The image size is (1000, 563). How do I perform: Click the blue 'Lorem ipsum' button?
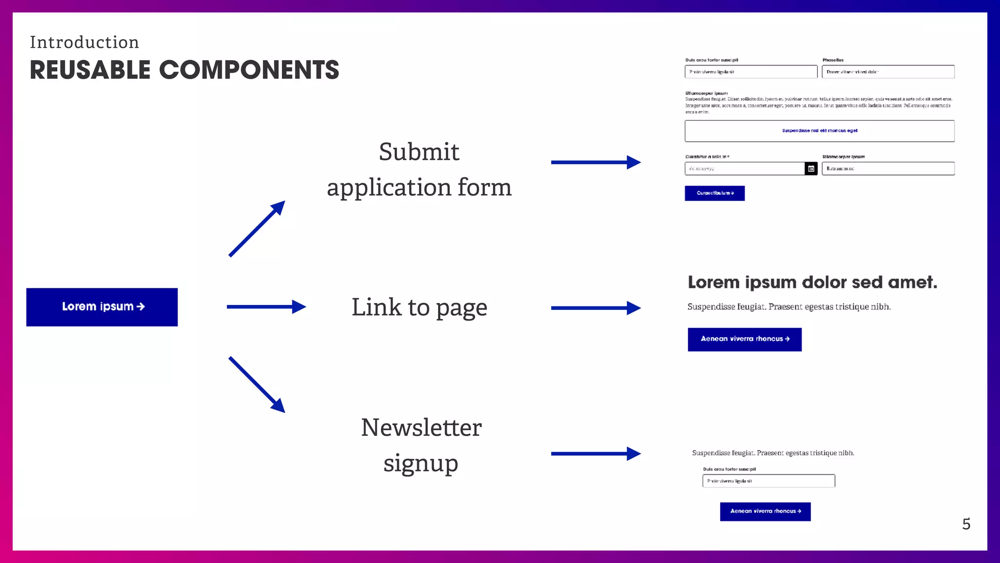102,307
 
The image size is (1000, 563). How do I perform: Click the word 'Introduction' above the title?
84,43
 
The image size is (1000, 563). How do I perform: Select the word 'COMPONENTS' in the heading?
249,70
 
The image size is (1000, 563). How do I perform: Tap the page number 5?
966,524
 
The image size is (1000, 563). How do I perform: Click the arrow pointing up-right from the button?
257,228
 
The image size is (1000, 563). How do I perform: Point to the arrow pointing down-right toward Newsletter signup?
257,385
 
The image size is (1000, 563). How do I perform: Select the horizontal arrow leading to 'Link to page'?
266,307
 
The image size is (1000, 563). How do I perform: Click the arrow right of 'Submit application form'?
595,162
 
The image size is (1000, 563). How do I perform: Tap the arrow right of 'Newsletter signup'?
595,454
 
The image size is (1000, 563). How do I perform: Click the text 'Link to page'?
419,307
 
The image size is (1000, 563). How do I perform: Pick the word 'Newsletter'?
421,428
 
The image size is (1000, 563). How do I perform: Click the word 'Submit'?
419,152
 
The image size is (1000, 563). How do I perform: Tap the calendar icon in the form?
811,169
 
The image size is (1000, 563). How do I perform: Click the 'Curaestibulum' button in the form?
714,194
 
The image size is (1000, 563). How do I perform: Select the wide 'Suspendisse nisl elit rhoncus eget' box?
819,131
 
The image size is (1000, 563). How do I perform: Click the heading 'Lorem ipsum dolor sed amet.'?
812,282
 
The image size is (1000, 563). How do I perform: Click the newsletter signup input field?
769,481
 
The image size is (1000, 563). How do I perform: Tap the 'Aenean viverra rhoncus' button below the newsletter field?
765,512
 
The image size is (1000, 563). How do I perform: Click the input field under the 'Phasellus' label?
888,72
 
